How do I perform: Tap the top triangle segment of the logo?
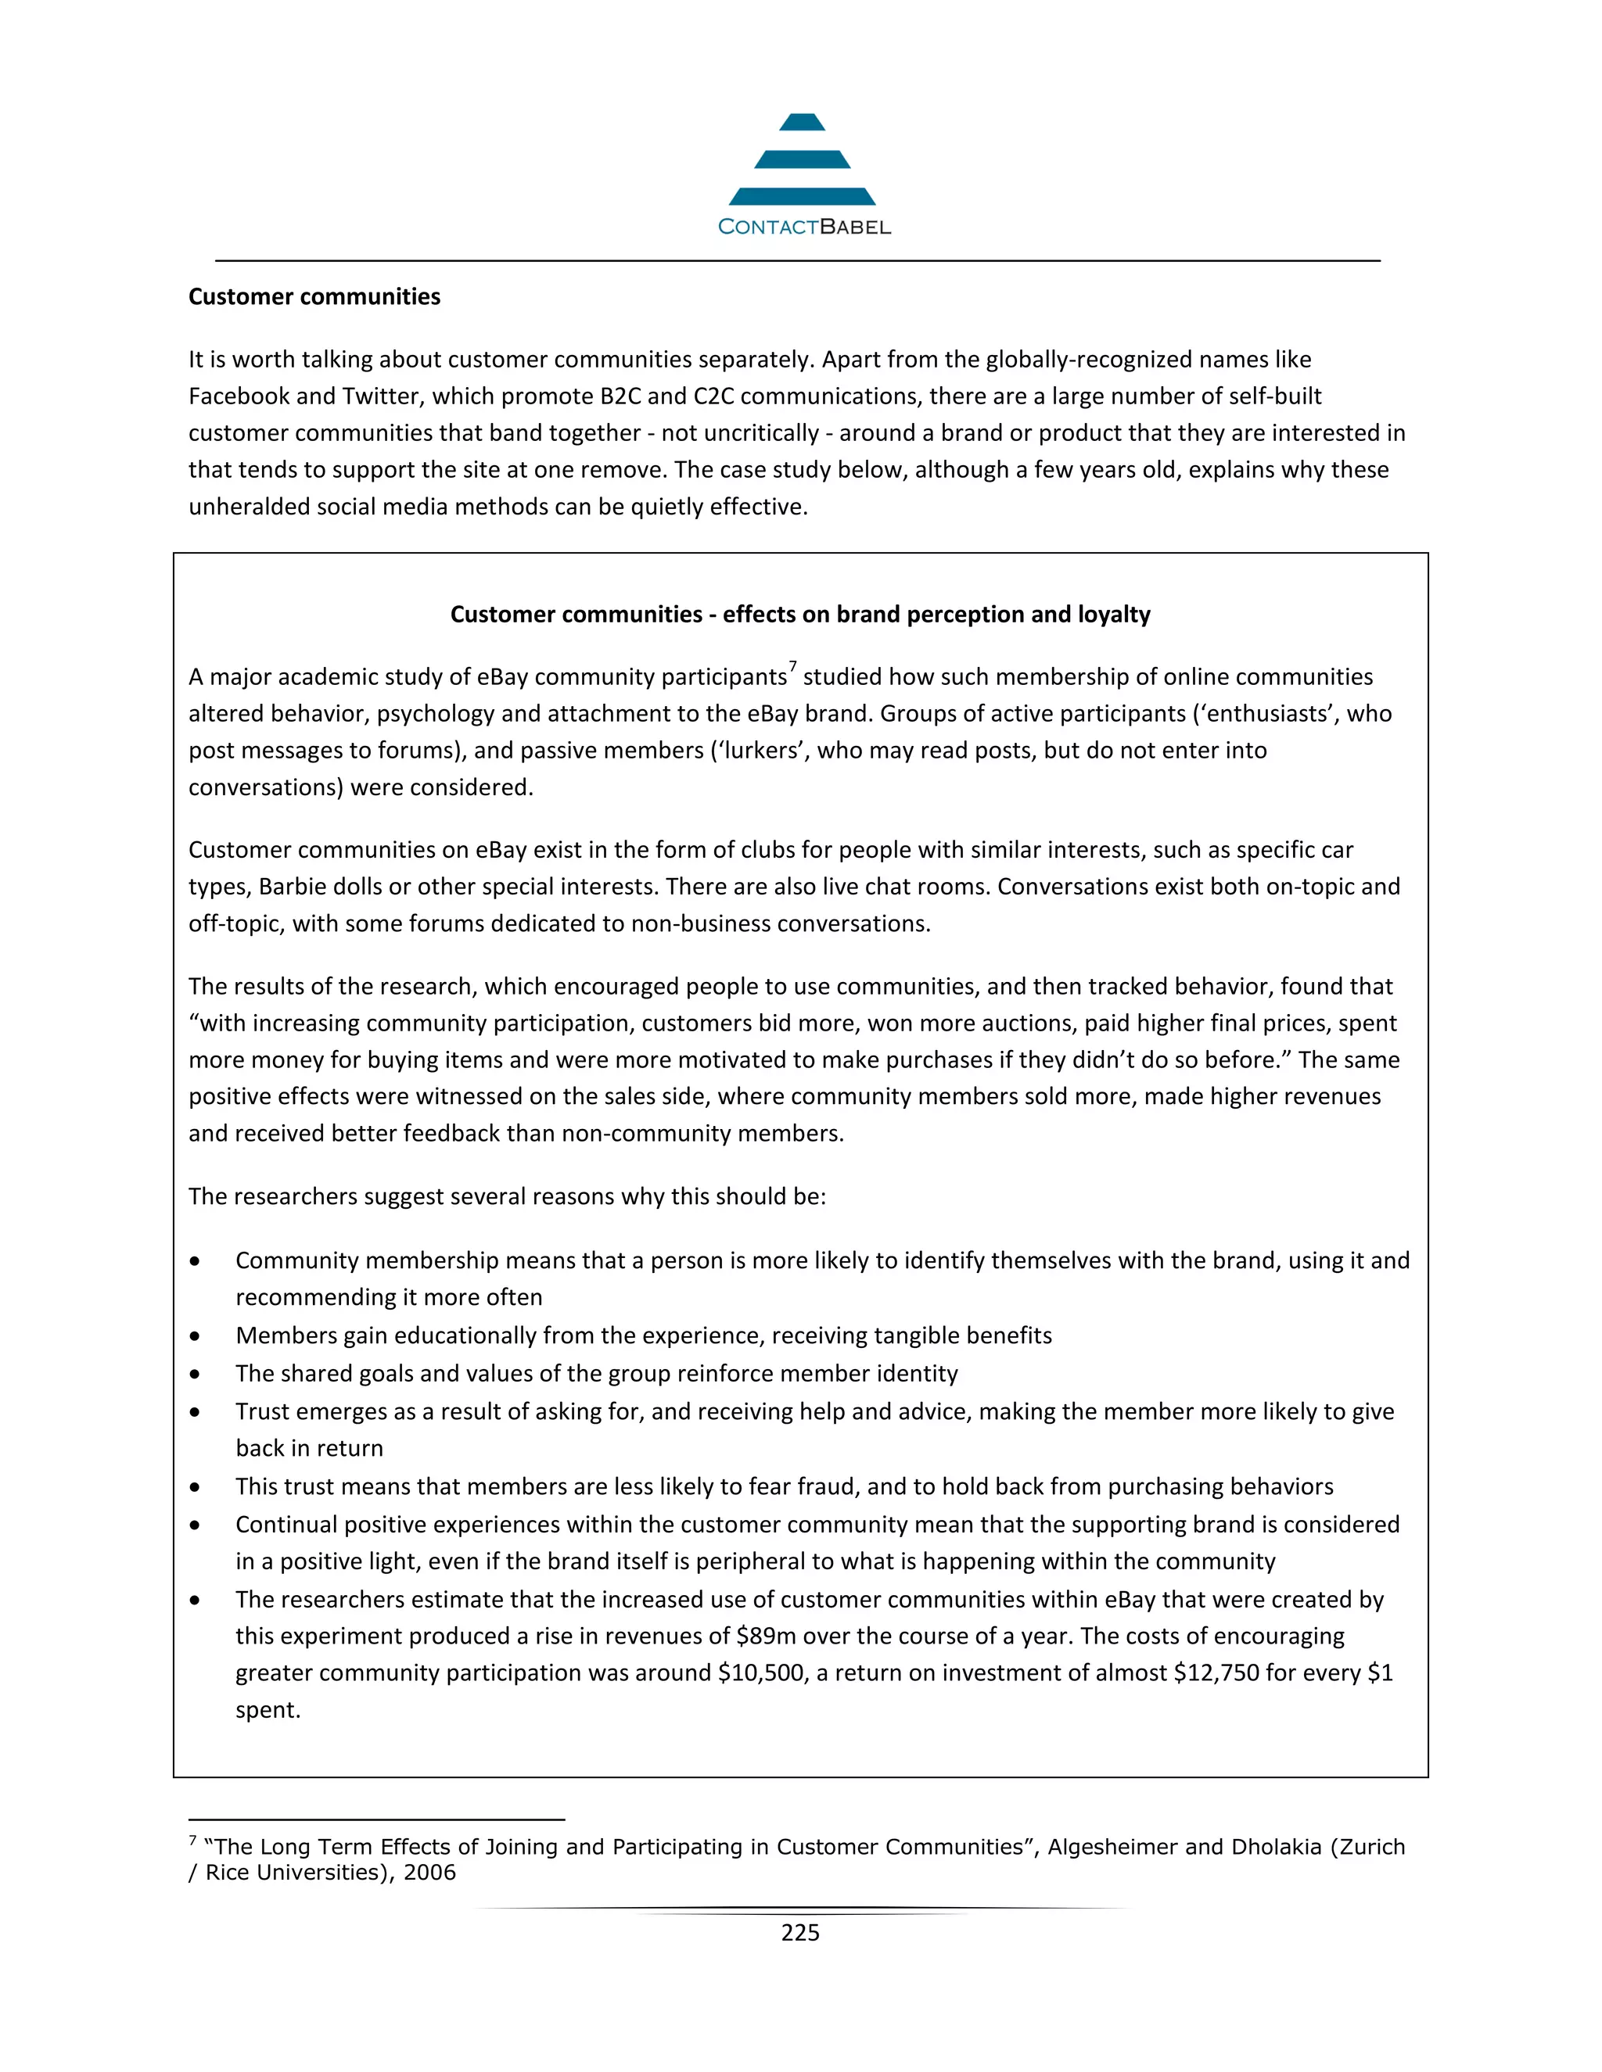(802, 123)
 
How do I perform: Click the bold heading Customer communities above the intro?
(314, 297)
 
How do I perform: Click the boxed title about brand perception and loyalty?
(800, 615)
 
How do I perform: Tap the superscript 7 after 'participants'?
(792, 667)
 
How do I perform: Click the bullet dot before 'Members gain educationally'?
(195, 1337)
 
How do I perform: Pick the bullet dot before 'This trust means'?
(195, 1488)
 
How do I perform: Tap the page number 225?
(800, 1933)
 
